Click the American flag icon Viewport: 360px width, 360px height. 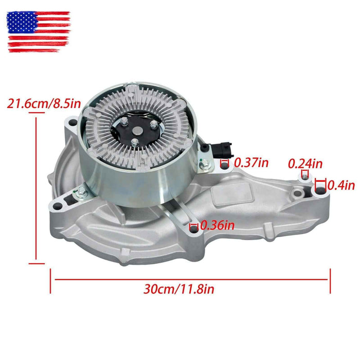39,31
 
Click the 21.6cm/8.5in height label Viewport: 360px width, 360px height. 44,103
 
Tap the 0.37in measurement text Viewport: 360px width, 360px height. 251,163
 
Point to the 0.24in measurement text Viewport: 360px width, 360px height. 305,164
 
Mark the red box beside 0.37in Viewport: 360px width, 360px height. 224,163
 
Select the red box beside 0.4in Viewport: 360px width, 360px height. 320,184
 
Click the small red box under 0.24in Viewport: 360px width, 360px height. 304,174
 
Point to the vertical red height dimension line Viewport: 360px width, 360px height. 37,190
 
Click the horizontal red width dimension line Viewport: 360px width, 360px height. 190,279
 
